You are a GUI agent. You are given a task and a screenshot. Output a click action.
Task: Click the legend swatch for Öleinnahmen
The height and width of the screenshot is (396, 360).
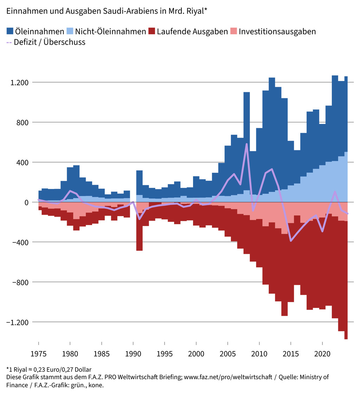[x=10, y=31]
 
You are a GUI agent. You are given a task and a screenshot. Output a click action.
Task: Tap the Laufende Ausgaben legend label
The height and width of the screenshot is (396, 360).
[x=192, y=31]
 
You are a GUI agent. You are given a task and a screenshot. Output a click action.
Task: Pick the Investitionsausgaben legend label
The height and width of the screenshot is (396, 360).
[x=277, y=31]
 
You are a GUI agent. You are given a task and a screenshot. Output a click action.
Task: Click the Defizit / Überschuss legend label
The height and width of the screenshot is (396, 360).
[x=50, y=42]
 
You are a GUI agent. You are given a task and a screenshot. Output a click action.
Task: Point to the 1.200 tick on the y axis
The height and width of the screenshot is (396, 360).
[x=19, y=83]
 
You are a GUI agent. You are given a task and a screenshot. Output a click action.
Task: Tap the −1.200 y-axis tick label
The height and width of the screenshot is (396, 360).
[x=18, y=322]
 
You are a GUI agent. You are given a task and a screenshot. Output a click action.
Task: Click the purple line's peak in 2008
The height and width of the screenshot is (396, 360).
[x=247, y=144]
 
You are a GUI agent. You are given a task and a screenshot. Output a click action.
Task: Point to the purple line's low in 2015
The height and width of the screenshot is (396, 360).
[x=291, y=241]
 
